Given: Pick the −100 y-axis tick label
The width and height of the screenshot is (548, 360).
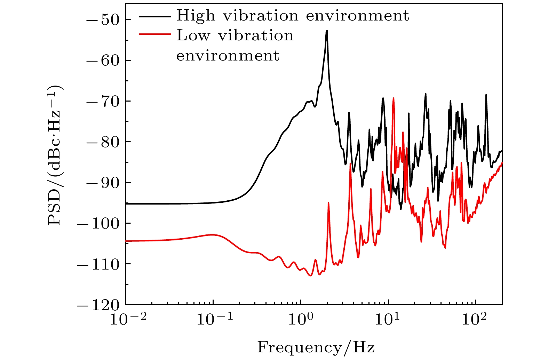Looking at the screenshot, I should click(x=98, y=223).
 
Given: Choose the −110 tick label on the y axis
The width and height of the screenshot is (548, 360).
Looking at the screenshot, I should click(x=98, y=264).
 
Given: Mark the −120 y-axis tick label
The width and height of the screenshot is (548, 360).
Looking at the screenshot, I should click(x=98, y=305).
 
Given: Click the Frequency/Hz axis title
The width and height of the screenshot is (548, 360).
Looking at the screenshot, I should click(x=316, y=347).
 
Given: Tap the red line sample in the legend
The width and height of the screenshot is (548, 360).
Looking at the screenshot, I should click(x=155, y=34).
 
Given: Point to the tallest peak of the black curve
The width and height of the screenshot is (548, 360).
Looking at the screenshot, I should click(x=327, y=31).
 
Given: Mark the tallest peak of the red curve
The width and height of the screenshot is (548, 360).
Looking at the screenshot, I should click(x=393, y=98).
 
